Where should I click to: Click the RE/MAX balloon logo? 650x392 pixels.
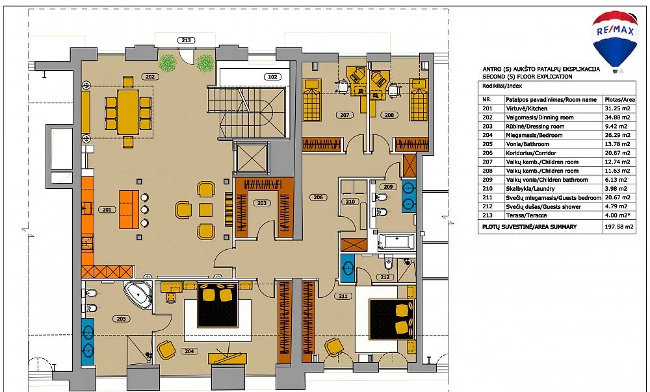click(x=615, y=40)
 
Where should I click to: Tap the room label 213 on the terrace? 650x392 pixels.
click(x=186, y=40)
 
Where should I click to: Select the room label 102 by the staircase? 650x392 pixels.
click(x=272, y=77)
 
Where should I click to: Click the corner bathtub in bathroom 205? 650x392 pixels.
click(x=138, y=294)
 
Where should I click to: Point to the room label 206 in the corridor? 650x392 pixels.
click(x=318, y=197)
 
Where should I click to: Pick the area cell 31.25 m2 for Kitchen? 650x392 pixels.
click(x=617, y=108)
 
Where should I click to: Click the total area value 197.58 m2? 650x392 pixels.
click(x=619, y=227)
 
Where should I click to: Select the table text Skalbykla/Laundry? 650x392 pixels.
click(x=530, y=189)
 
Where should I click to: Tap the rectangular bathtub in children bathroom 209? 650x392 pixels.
click(x=396, y=241)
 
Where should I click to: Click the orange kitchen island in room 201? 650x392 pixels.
click(x=129, y=210)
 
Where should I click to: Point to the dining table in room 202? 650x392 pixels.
click(x=128, y=112)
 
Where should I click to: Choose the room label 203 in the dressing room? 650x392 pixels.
click(x=262, y=203)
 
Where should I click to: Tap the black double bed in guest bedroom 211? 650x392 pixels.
click(x=391, y=319)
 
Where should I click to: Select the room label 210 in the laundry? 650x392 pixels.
click(x=350, y=202)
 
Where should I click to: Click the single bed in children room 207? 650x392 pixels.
click(x=312, y=100)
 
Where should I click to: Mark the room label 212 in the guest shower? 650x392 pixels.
click(x=385, y=277)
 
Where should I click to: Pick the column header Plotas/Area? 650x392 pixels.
click(x=619, y=100)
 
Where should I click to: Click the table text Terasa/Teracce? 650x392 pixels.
click(x=526, y=215)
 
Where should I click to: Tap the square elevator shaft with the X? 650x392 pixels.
click(x=251, y=158)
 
